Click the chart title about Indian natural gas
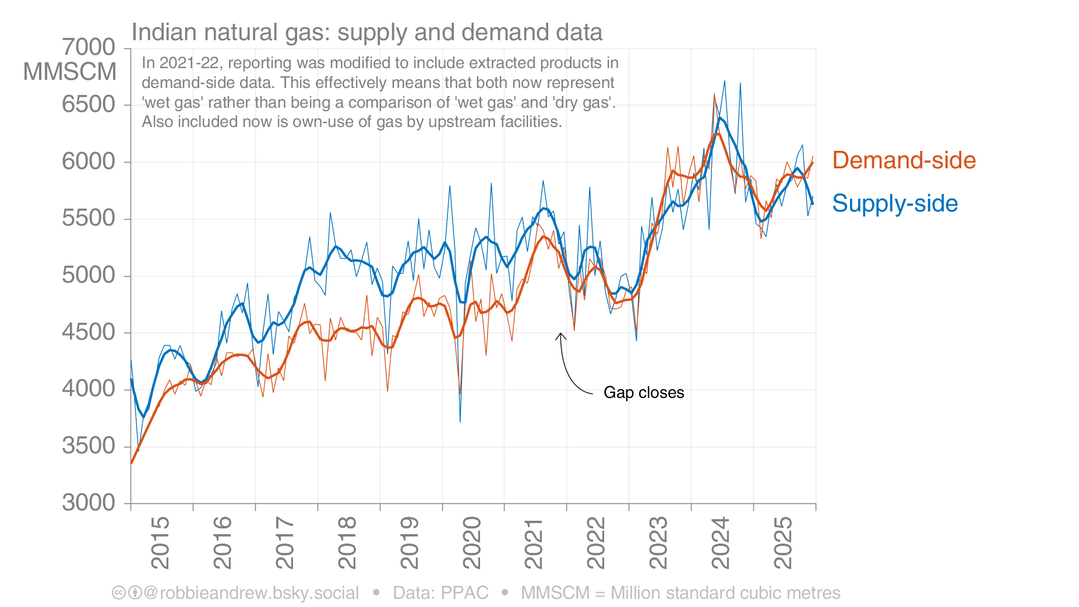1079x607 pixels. pyautogui.click(x=366, y=33)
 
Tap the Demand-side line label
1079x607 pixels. pyautogui.click(x=904, y=160)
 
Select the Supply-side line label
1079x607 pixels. pyautogui.click(x=895, y=203)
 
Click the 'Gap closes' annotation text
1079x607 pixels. pyautogui.click(x=644, y=393)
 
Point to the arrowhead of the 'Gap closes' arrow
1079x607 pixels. pyautogui.click(x=560, y=334)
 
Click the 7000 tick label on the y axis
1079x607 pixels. pyautogui.click(x=89, y=47)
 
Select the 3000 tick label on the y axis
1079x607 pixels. pyautogui.click(x=89, y=502)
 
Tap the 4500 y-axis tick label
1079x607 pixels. pyautogui.click(x=89, y=332)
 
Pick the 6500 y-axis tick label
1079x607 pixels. pyautogui.click(x=89, y=104)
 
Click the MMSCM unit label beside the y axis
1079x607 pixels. pyautogui.click(x=70, y=72)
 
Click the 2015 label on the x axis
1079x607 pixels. pyautogui.click(x=160, y=542)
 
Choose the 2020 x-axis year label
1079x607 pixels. pyautogui.click(x=471, y=542)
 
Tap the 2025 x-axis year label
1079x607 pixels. pyautogui.click(x=783, y=542)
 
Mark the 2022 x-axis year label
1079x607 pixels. pyautogui.click(x=596, y=542)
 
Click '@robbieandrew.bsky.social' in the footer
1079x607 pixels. pyautogui.click(x=251, y=593)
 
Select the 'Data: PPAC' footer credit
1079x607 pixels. pyautogui.click(x=440, y=593)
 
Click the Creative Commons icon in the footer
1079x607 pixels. pyautogui.click(x=118, y=593)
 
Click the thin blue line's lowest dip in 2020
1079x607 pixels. pyautogui.click(x=460, y=421)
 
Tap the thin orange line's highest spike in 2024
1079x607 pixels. pyautogui.click(x=714, y=94)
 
